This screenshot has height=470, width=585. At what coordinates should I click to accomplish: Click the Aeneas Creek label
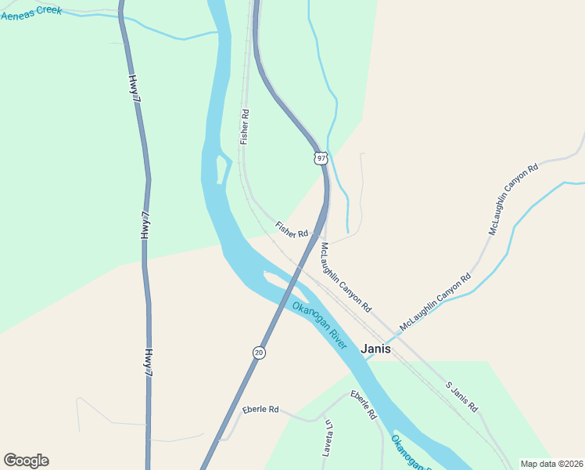coord(31,12)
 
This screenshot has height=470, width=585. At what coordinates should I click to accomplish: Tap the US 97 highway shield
coord(321,158)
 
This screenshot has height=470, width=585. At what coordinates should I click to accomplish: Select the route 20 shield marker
coord(259,353)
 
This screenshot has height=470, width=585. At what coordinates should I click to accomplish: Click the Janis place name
coord(375,349)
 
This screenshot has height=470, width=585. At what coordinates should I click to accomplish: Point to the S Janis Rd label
coord(461,397)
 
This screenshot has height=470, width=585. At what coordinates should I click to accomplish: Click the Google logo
coord(27,460)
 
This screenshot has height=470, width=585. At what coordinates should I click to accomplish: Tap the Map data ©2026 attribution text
coord(551,464)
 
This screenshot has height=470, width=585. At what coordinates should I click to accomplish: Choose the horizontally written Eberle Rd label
coord(260,410)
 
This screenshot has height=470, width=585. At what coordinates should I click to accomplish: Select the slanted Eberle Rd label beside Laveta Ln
coord(364,404)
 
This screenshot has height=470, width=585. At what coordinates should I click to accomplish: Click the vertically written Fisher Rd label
coord(245,125)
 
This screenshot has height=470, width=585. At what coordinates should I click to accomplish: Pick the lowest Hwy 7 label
coord(147,362)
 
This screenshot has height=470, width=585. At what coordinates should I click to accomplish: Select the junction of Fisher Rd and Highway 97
coord(321,233)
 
